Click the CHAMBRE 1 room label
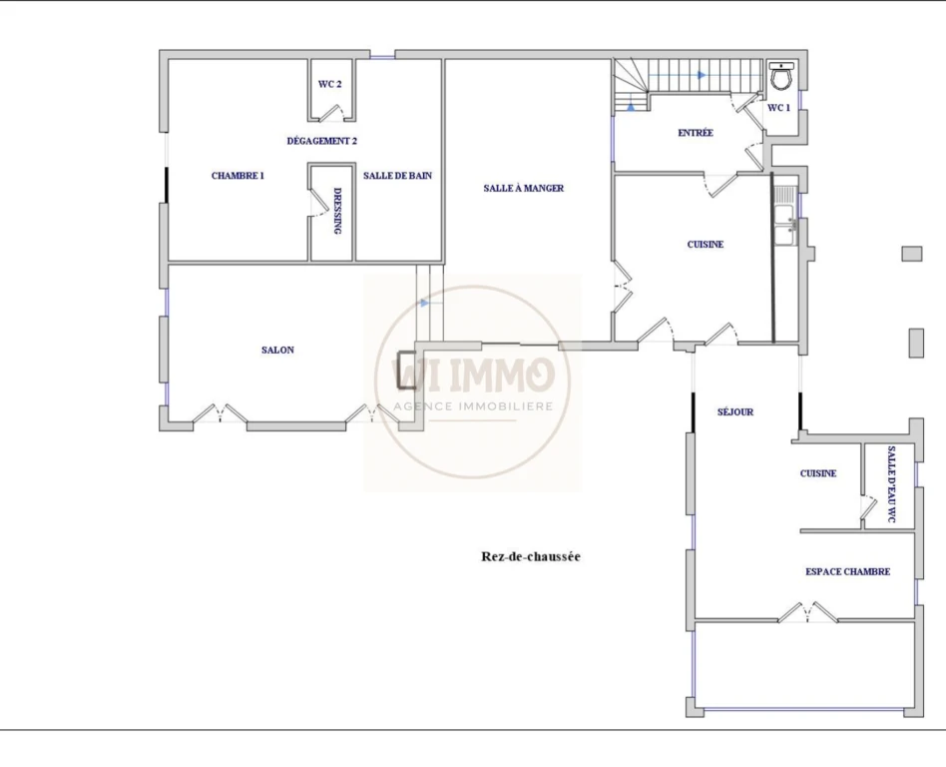[x=237, y=176]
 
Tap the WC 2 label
[x=330, y=84]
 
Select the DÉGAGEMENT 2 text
[x=322, y=141]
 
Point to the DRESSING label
[x=337, y=210]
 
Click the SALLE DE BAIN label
[x=397, y=176]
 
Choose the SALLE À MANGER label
[x=524, y=188]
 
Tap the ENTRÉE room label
[x=696, y=133]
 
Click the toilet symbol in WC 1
[x=782, y=76]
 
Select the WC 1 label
[x=779, y=108]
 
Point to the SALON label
[x=278, y=350]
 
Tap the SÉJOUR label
[x=735, y=411]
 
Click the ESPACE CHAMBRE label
[x=847, y=571]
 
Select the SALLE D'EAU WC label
[x=892, y=483]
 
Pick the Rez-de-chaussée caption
[x=531, y=556]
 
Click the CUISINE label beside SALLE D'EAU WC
[x=818, y=473]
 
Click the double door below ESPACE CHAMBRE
[x=808, y=611]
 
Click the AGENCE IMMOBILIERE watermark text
[x=473, y=405]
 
